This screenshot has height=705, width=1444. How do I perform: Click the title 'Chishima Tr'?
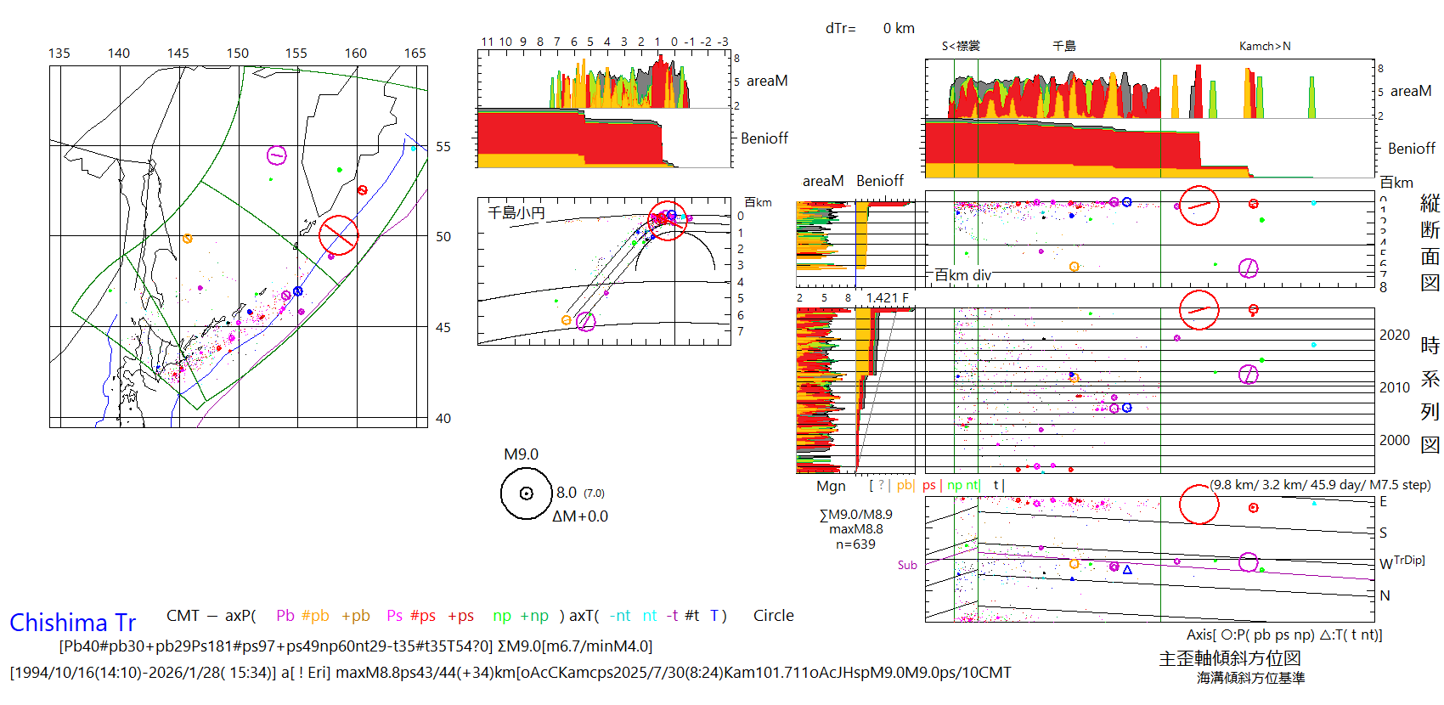click(72, 623)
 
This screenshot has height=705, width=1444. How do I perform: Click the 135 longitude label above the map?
click(59, 54)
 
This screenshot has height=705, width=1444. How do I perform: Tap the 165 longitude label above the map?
click(415, 54)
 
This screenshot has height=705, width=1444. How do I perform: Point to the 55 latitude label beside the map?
click(443, 147)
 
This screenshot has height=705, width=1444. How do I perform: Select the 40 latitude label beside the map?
click(443, 418)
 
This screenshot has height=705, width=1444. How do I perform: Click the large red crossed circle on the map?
click(338, 235)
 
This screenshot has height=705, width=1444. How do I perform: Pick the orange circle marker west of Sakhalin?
click(188, 239)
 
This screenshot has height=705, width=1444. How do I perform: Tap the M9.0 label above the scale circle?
click(521, 454)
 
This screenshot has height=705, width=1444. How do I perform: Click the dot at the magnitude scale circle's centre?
click(526, 493)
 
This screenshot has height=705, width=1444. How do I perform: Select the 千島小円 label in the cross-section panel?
click(516, 212)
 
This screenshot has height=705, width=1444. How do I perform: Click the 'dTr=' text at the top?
click(840, 29)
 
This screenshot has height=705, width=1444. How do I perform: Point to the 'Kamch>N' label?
click(1265, 47)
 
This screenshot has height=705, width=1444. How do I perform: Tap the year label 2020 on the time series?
click(1394, 336)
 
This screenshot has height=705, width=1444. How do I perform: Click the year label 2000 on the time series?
click(1394, 440)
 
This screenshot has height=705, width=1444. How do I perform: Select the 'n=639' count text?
click(855, 544)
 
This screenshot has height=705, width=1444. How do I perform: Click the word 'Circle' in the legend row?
click(773, 616)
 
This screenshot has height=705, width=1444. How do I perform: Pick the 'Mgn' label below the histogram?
click(831, 486)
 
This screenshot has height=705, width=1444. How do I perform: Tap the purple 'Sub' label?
click(907, 565)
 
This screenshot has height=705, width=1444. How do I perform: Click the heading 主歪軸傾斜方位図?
click(1230, 658)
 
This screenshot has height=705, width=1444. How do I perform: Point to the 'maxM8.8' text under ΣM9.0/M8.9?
click(856, 529)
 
